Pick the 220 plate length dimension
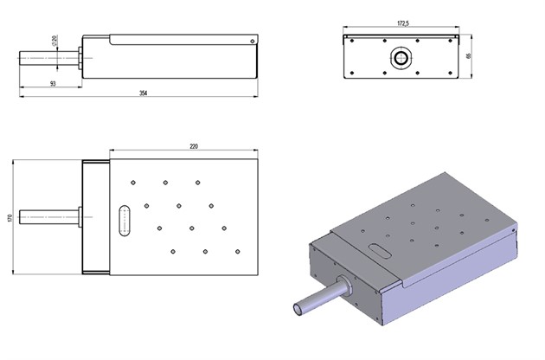pyautogui.click(x=193, y=145)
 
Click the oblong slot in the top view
pyautogui.click(x=123, y=219)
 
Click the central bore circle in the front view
pyautogui.click(x=401, y=57)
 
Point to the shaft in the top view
pyautogui.click(x=52, y=217)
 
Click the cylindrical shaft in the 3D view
pyautogui.click(x=316, y=299)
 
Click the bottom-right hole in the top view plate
pyautogui.click(x=236, y=252)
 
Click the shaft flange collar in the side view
pyautogui.click(x=79, y=57)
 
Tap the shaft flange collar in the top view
pyautogui.click(x=79, y=217)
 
